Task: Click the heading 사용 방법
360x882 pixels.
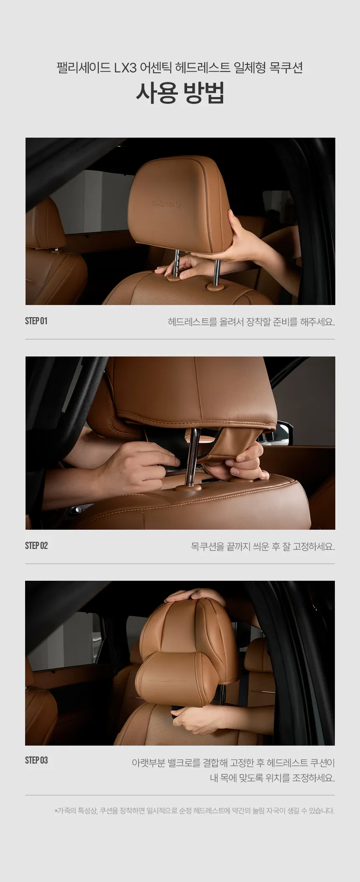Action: [x=180, y=92]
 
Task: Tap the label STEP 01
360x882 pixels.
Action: [x=36, y=321]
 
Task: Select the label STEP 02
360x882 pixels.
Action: [x=36, y=546]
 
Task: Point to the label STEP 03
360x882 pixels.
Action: [x=36, y=760]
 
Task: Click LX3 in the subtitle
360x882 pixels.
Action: [x=126, y=68]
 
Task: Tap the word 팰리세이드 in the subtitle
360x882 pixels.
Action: [x=83, y=68]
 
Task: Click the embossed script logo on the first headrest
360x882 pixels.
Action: [x=166, y=204]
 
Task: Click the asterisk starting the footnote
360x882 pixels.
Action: [x=56, y=811]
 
